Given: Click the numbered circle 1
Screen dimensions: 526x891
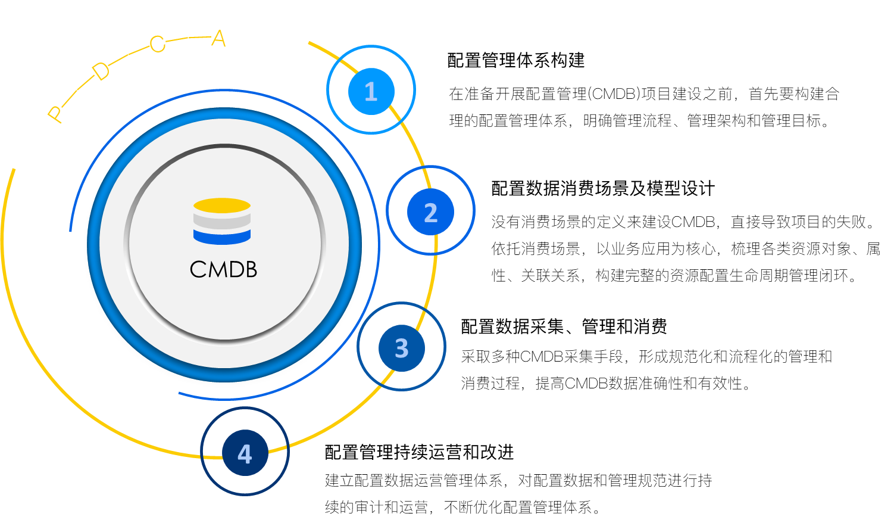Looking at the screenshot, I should (x=371, y=91).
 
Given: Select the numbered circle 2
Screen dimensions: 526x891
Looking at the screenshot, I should (x=430, y=211).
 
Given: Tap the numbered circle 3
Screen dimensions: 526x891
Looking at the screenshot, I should (x=402, y=348).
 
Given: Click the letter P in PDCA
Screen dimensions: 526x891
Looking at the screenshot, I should (x=55, y=114).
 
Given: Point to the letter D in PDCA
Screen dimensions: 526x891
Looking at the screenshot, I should (x=101, y=72).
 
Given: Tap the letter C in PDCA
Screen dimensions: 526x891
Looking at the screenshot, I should (x=157, y=45).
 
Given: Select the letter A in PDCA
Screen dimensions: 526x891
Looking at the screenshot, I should (x=218, y=39).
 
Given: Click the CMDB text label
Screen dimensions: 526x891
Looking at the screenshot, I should (x=223, y=270).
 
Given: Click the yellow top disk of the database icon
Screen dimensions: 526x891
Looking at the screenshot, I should (x=222, y=206).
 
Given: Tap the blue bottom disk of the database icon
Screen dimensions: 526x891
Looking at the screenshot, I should (x=222, y=238).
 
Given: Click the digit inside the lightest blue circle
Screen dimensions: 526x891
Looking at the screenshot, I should (x=371, y=92).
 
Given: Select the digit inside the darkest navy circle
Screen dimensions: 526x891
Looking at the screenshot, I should (x=245, y=454).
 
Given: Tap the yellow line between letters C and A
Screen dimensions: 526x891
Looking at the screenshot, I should (x=188, y=39).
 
